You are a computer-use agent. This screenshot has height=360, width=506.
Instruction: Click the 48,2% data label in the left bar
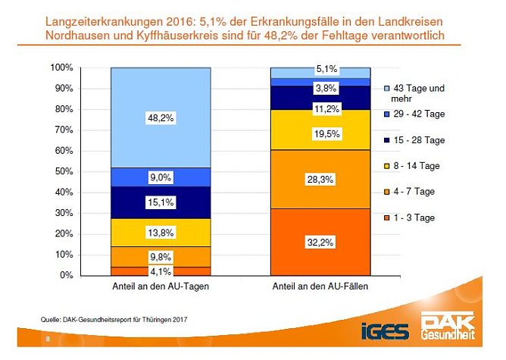tap(161, 118)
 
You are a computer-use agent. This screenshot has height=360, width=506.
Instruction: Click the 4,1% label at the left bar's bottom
tap(161, 271)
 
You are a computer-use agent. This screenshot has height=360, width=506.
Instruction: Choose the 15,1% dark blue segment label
tap(161, 202)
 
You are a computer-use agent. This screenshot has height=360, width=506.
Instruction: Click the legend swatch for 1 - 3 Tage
tap(386, 218)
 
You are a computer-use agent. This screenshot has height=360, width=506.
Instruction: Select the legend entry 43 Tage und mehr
tap(416, 94)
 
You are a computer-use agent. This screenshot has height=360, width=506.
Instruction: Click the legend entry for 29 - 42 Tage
tap(416, 114)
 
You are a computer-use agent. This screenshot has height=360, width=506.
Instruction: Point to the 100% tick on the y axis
tap(61, 68)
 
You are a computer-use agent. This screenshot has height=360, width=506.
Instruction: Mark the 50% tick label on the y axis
tap(64, 171)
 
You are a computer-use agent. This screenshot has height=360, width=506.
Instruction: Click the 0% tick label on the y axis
tap(67, 275)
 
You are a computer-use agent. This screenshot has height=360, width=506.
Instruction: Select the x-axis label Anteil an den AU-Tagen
tap(161, 288)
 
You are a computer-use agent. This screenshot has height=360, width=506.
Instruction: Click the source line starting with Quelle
tap(114, 319)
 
